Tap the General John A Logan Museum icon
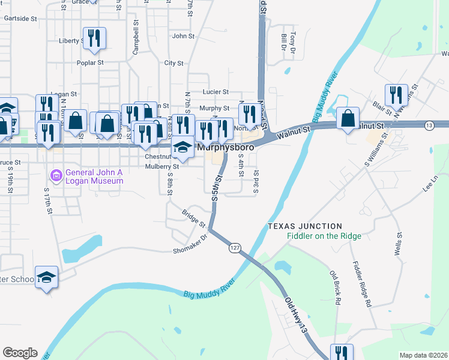click(x=56, y=176)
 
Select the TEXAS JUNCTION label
click(x=304, y=226)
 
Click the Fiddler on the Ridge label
click(x=324, y=236)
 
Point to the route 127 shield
click(x=235, y=247)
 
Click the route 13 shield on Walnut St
click(x=429, y=125)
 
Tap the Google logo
click(x=20, y=353)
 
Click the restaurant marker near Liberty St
click(x=95, y=38)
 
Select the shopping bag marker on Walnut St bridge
click(x=348, y=118)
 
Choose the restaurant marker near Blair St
click(x=396, y=95)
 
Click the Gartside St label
click(x=20, y=19)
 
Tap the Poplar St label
click(x=90, y=62)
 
